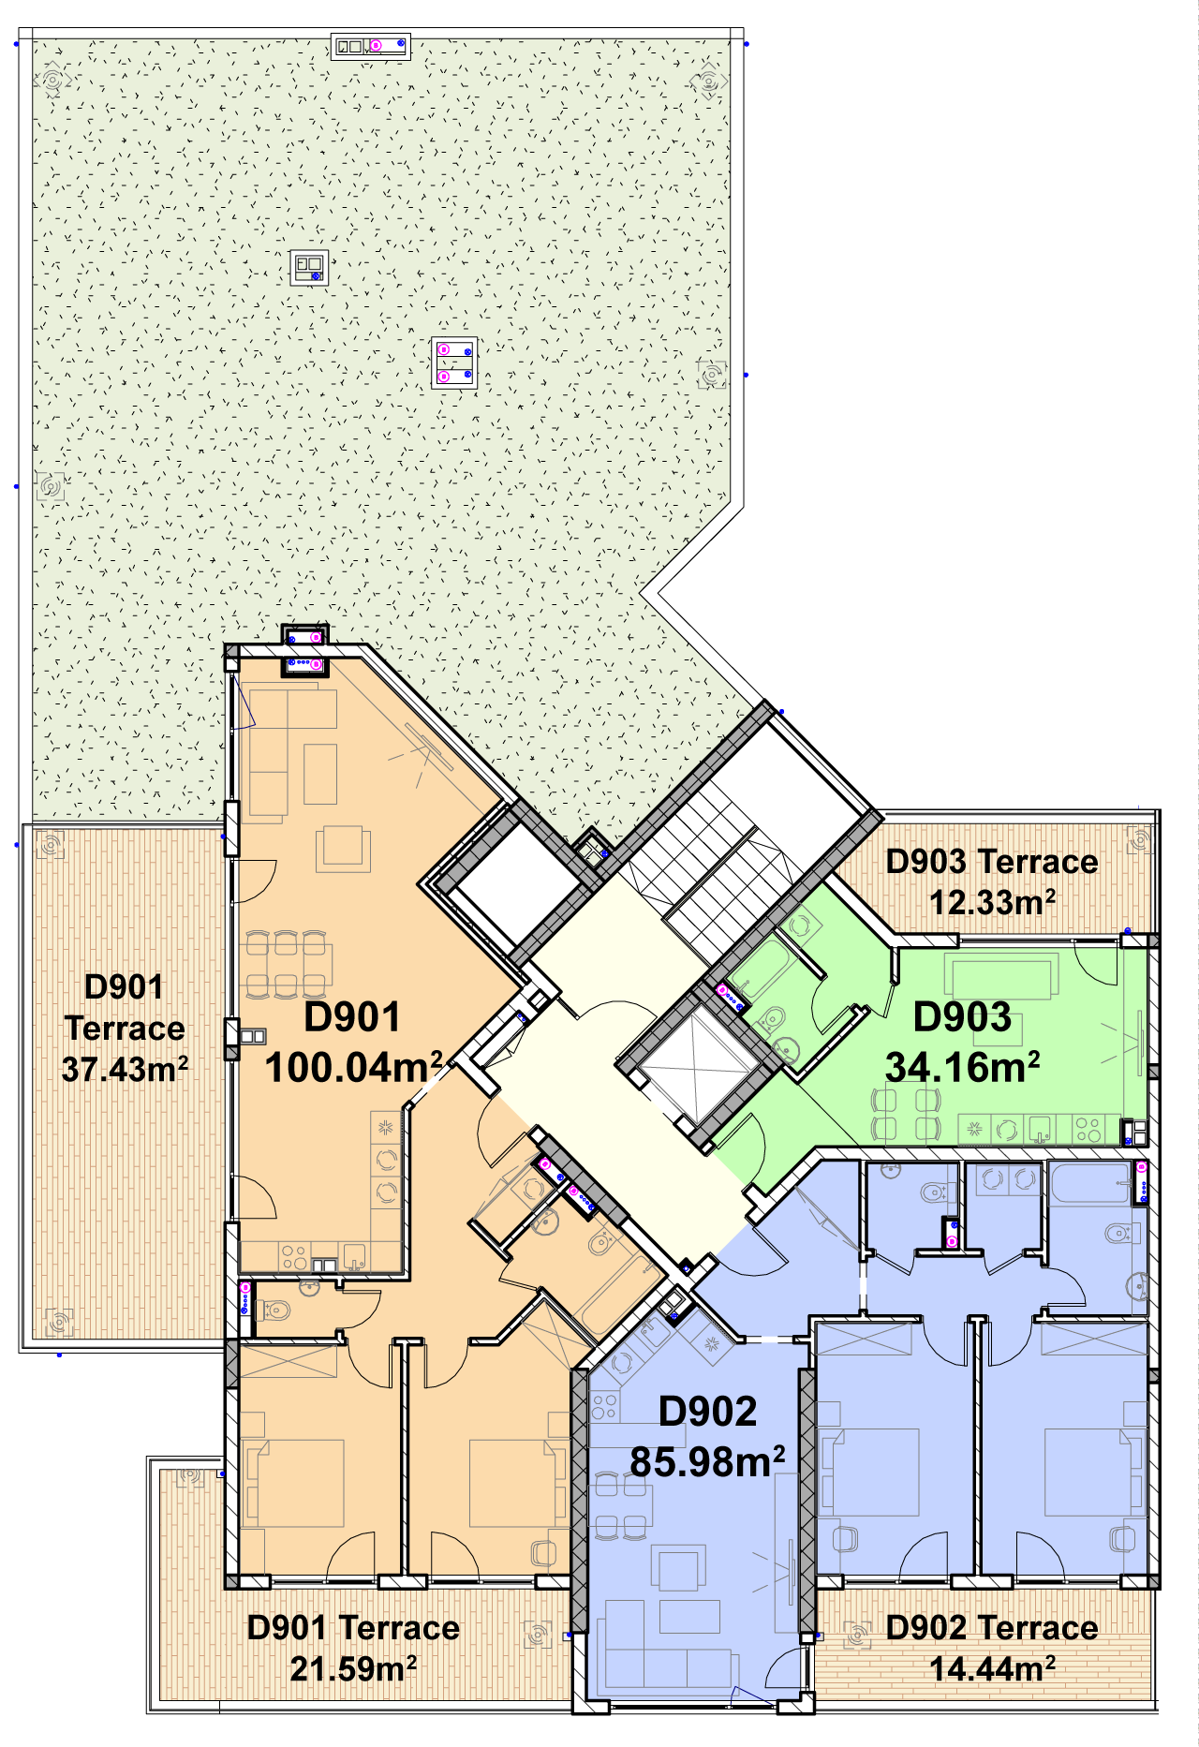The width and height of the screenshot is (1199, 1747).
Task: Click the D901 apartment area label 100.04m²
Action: pos(354,1067)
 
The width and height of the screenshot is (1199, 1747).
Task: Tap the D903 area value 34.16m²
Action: pos(962,1067)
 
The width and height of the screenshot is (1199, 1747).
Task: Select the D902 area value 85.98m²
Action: pos(707,1461)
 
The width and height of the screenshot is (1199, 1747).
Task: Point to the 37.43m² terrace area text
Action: pos(125,1069)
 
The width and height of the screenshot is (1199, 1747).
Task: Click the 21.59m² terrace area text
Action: pos(353,1668)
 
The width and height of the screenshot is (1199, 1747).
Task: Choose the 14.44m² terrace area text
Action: pos(992,1668)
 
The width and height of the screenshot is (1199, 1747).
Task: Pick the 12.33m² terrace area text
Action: pos(992,902)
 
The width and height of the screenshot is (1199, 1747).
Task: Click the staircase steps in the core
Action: pos(721,871)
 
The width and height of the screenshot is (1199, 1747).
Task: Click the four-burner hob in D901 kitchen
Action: pos(294,1256)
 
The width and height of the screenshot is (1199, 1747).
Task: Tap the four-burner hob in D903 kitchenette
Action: pos(1088,1130)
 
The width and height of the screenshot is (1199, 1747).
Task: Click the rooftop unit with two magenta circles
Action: pos(455,363)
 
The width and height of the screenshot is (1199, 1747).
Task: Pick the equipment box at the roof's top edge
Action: pos(371,46)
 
